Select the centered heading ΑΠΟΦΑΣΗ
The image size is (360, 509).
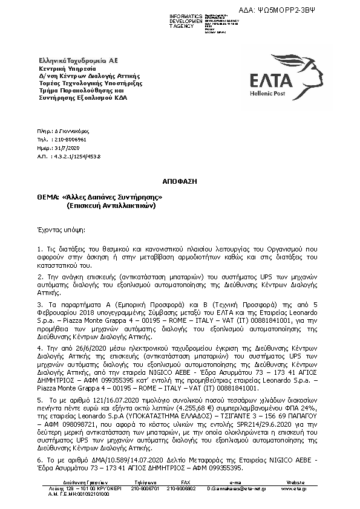click(x=179, y=181)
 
